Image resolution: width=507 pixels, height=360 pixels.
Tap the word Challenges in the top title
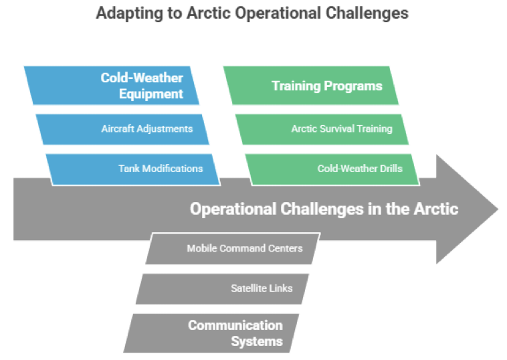(x=371, y=13)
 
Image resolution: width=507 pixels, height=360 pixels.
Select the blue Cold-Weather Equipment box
(x=114, y=86)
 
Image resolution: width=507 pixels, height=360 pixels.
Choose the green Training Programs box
(x=312, y=86)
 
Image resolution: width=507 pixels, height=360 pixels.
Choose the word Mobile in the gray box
(x=201, y=248)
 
